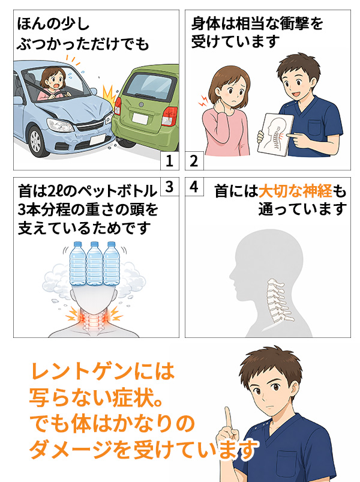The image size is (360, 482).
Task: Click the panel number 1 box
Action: [170, 160]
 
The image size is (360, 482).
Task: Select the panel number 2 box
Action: [194, 160]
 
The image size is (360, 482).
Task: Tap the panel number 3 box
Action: [170, 187]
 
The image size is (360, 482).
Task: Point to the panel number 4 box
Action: [194, 187]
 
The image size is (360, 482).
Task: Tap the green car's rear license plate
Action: [140, 119]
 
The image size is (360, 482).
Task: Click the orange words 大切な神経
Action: [295, 191]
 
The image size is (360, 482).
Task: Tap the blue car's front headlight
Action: [59, 125]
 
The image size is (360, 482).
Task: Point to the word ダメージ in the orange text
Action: [70, 450]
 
